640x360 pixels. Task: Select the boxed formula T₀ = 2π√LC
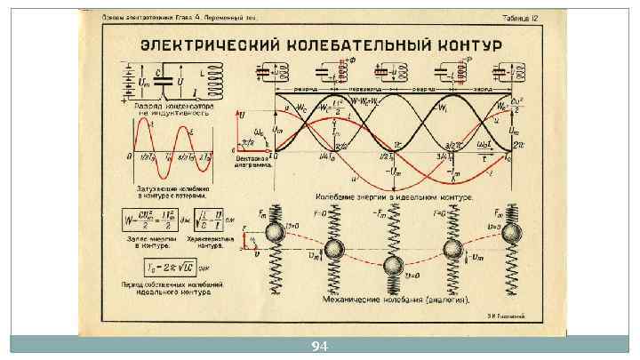click(173, 267)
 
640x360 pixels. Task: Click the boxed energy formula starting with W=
click(148, 219)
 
